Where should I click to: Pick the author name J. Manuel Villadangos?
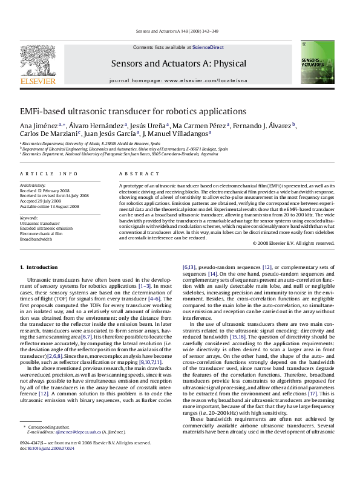click(x=179, y=134)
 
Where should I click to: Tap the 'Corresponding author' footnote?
click(x=44, y=444)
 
